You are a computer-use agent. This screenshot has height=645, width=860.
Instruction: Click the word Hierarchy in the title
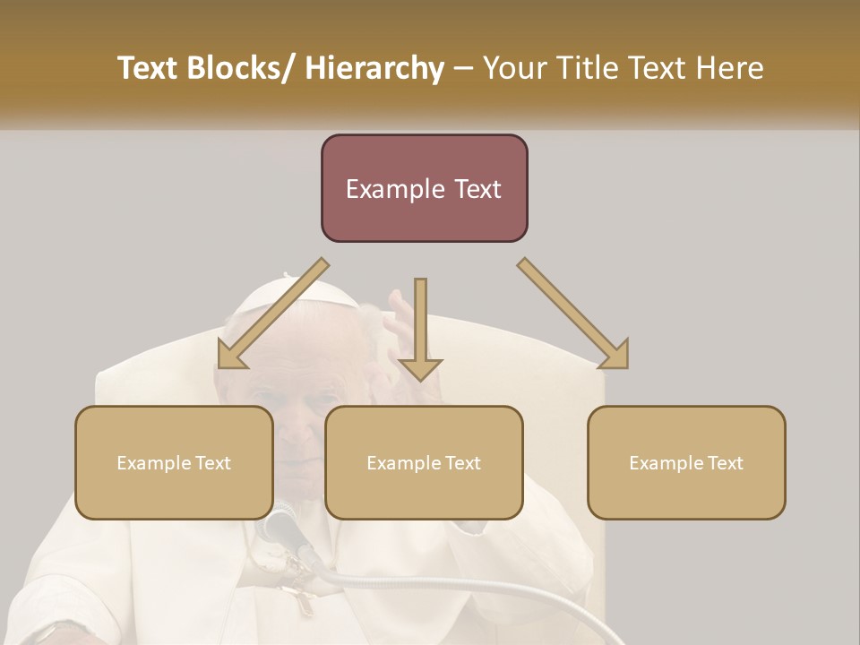(x=374, y=69)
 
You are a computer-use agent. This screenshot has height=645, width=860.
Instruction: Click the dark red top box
(x=424, y=188)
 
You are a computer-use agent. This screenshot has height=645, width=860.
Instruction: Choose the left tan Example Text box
(x=174, y=462)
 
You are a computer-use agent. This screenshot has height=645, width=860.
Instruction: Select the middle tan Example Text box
(x=424, y=462)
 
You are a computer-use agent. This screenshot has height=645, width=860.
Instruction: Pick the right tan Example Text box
(x=686, y=462)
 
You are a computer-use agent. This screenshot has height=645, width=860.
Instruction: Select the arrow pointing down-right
(x=574, y=314)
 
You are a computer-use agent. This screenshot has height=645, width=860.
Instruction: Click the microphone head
(x=280, y=524)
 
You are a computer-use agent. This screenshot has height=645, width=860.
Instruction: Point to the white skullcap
(x=269, y=296)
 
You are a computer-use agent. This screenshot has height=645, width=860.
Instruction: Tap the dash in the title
(x=463, y=69)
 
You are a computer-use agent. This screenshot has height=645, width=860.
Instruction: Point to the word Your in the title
(x=512, y=69)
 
